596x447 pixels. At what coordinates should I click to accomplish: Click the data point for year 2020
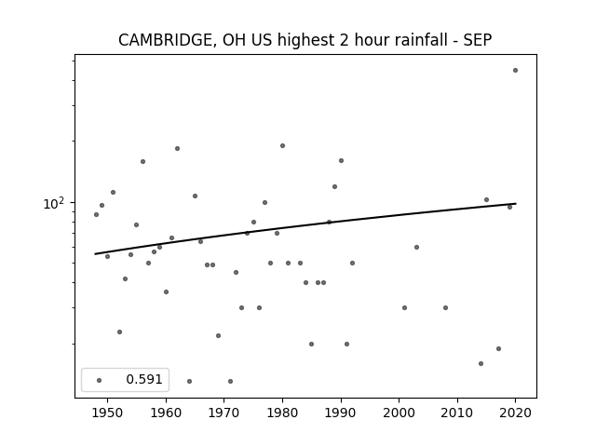[515, 71]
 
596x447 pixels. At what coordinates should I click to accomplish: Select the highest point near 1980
[282, 145]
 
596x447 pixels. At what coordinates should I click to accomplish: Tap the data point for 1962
[177, 149]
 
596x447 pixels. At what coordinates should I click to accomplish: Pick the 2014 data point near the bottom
[481, 364]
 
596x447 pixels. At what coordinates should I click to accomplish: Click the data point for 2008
[445, 308]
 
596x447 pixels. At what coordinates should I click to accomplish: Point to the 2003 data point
[416, 247]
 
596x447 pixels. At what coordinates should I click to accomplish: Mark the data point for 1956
[142, 161]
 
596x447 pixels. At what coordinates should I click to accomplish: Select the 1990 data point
[342, 161]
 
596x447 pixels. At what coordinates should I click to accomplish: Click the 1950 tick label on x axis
[108, 413]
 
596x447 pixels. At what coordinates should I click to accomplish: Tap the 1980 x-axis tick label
[282, 413]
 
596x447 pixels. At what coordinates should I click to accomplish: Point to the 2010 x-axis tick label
[457, 413]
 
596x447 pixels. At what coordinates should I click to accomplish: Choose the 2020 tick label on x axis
[515, 413]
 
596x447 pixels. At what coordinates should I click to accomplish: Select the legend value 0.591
[144, 379]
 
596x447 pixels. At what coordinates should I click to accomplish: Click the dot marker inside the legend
[100, 380]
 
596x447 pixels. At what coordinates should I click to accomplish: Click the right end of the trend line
[516, 204]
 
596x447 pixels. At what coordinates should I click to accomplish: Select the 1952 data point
[120, 332]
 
